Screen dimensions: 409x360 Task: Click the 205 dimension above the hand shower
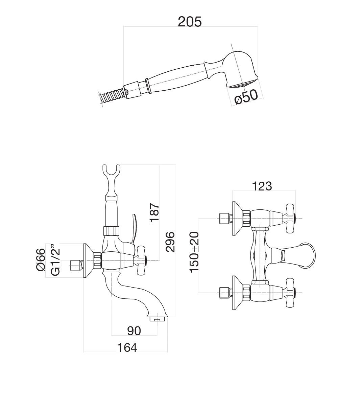coord(190,21)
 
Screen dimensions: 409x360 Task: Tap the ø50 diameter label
coord(246,97)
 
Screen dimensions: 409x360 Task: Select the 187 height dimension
coord(154,212)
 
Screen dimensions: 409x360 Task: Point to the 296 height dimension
coord(170,242)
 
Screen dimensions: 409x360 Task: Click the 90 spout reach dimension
coord(134,331)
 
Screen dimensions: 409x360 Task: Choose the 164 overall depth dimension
coord(127,347)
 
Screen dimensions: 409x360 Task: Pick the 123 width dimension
coord(262,186)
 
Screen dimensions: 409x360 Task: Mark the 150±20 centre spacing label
coord(195,252)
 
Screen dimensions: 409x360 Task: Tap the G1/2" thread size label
coord(55,259)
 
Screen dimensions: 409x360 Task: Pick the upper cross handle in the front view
coord(289,218)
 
